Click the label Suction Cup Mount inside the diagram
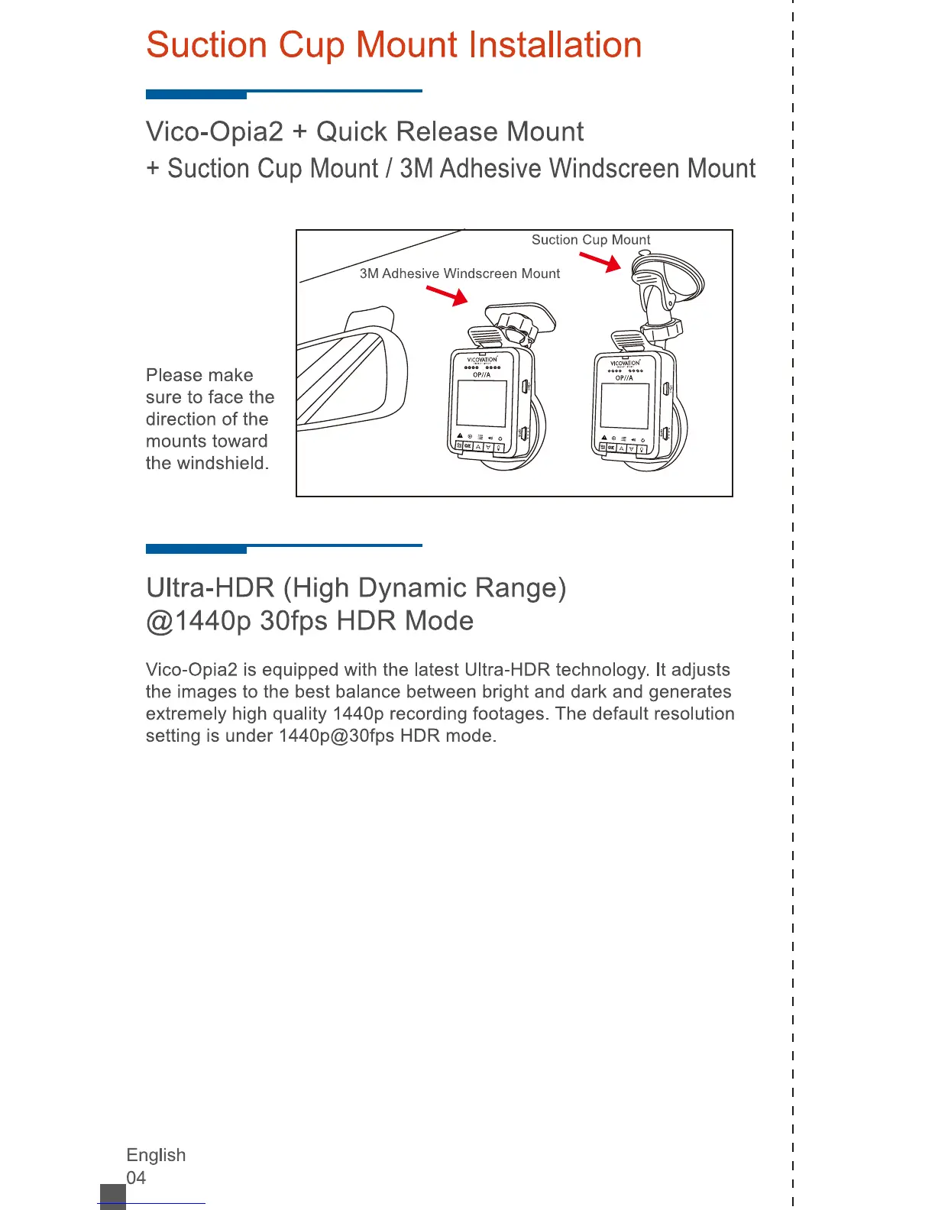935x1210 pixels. [x=590, y=240]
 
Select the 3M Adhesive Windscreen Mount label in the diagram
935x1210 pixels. [x=459, y=273]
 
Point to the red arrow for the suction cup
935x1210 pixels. [x=600, y=262]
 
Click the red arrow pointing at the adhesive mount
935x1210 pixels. [x=447, y=295]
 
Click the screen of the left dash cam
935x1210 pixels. [x=481, y=403]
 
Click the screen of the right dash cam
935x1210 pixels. [x=625, y=406]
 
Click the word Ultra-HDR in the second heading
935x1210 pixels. [x=210, y=587]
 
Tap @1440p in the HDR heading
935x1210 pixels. [x=198, y=621]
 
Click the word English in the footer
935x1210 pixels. [x=156, y=1155]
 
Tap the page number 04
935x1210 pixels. [x=136, y=1177]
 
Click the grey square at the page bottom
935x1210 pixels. [x=113, y=1196]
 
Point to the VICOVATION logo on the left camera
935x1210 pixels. [x=482, y=359]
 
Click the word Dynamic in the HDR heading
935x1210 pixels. [x=412, y=587]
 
